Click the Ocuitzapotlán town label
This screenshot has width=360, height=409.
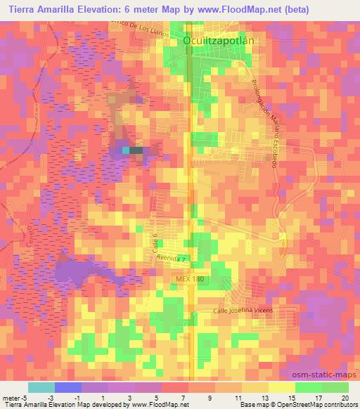[x=217, y=41]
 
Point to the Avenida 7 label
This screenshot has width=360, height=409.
[x=172, y=259]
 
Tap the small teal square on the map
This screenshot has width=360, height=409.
[x=126, y=150]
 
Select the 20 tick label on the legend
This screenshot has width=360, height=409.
[x=344, y=397]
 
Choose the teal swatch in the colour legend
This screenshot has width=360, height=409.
[x=41, y=387]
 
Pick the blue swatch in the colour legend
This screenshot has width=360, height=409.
[x=68, y=387]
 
